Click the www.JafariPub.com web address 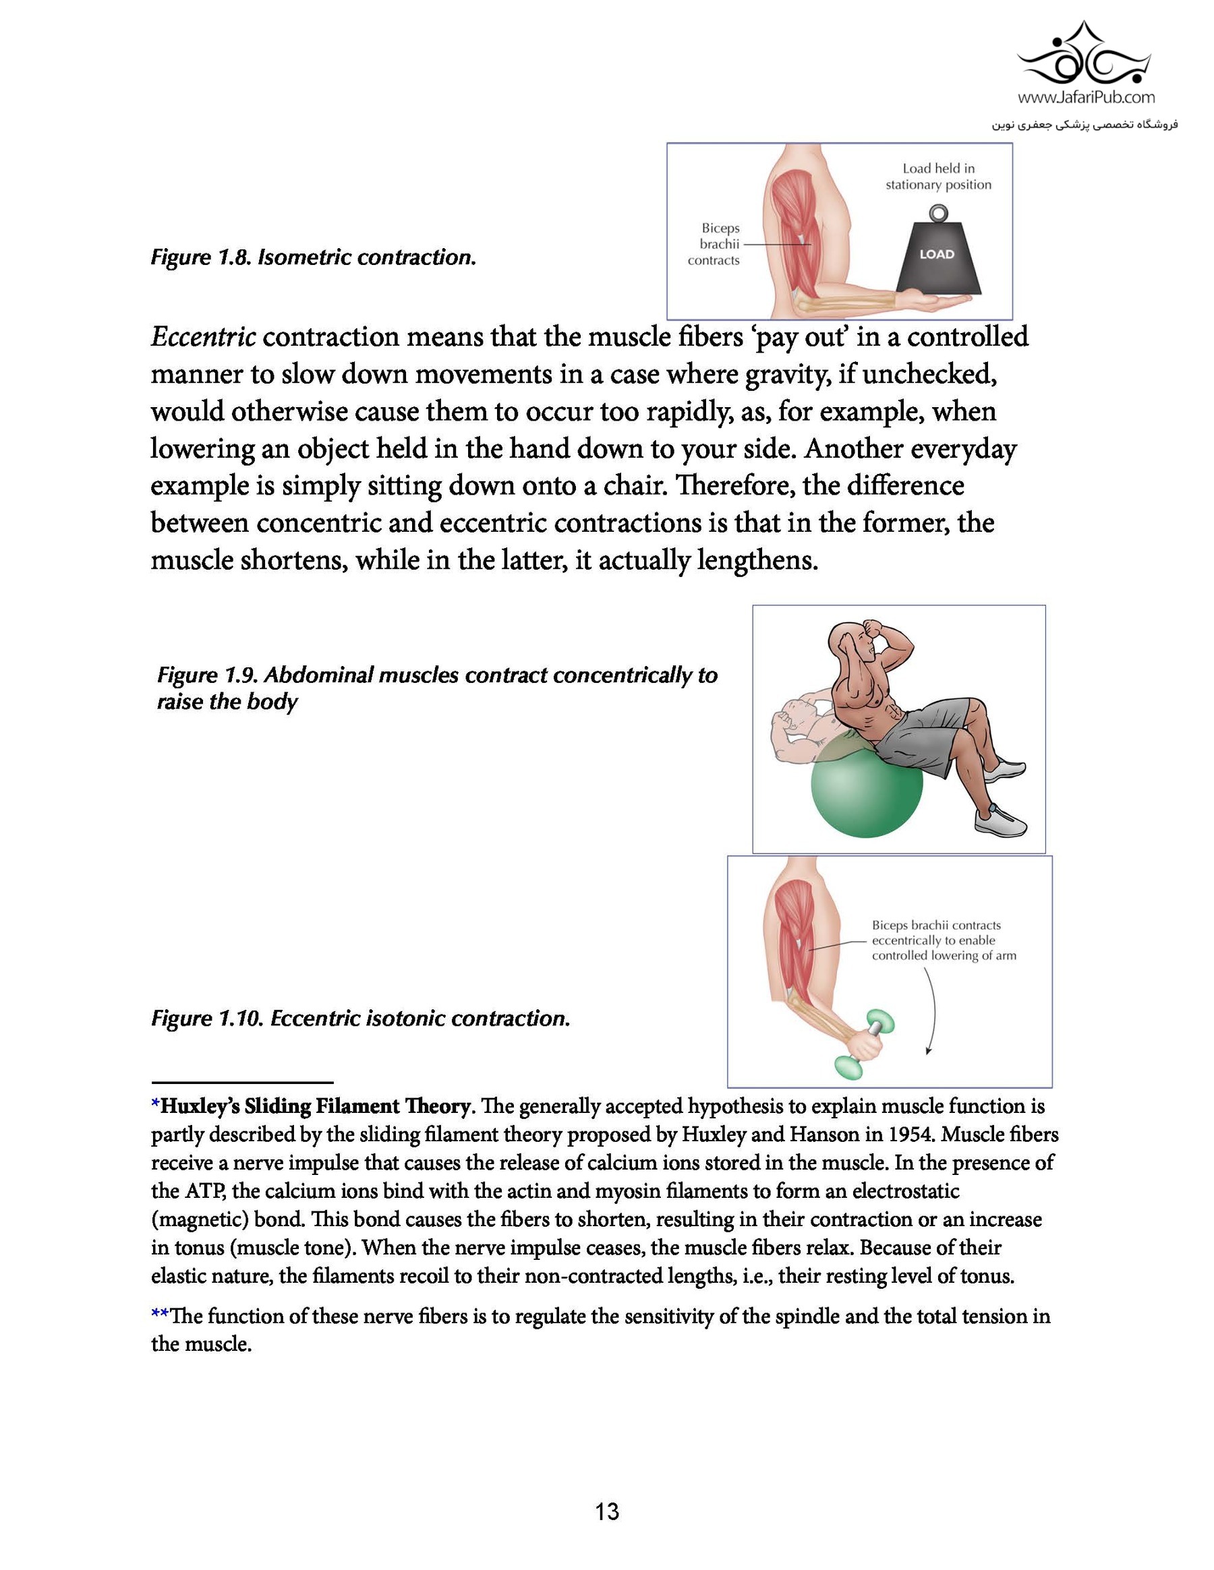click(x=1087, y=96)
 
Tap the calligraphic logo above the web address click(x=1087, y=54)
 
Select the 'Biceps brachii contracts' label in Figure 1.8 click(x=714, y=245)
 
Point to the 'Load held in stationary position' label click(x=938, y=176)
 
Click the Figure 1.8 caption click(x=314, y=258)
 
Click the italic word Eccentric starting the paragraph click(x=203, y=336)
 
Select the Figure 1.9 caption click(x=436, y=688)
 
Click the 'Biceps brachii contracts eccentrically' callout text click(x=943, y=940)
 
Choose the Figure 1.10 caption click(x=360, y=1019)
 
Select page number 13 click(x=607, y=1512)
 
